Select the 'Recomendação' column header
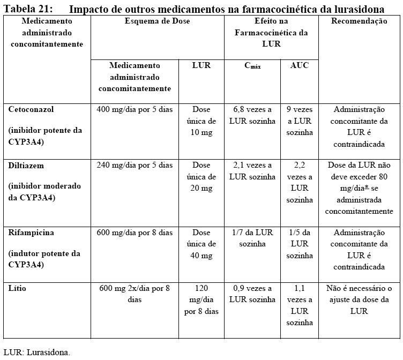[x=360, y=21]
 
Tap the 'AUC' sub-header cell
[x=299, y=65]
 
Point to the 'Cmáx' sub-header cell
[x=251, y=66]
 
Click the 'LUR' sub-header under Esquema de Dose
[x=201, y=65]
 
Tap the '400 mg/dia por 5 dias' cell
[x=135, y=109]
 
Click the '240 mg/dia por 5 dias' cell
[x=135, y=166]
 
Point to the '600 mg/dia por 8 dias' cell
[x=135, y=233]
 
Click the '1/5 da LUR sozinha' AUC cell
[x=299, y=244]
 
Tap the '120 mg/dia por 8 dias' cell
[x=201, y=299]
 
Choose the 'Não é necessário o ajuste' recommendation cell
[x=359, y=299]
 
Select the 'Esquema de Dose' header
[x=157, y=21]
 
